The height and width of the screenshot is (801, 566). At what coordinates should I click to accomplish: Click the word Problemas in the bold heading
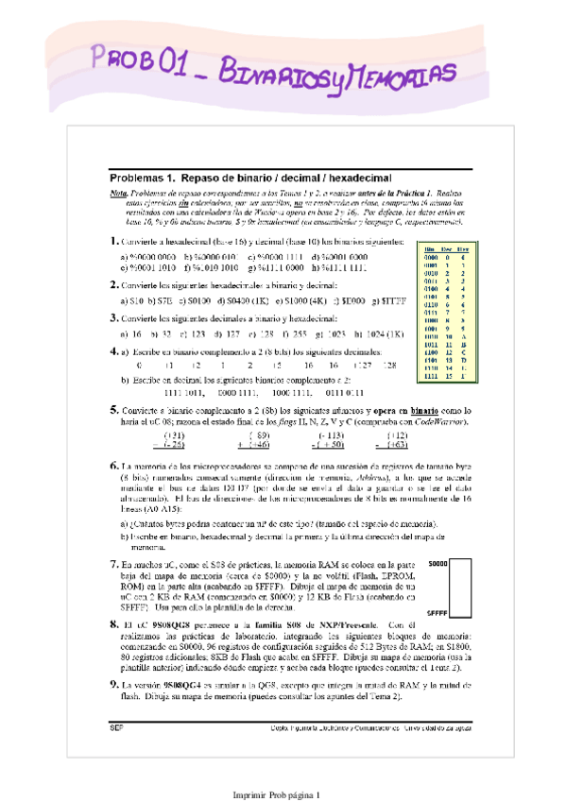137,178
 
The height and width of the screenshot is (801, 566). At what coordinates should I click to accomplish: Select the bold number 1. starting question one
113,243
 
